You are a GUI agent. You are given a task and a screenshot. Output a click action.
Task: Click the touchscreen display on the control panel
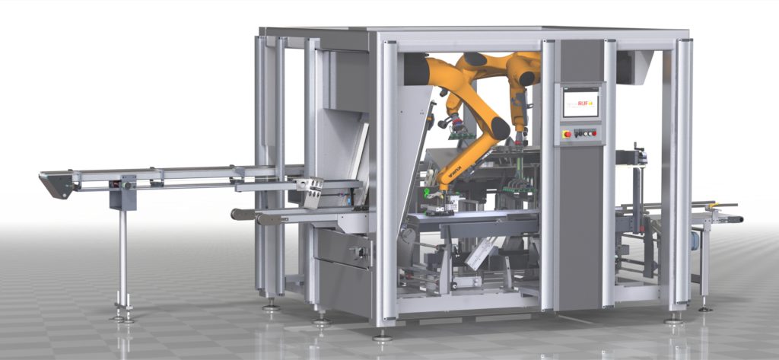(582, 102)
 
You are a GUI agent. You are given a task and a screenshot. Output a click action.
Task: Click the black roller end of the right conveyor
(736, 220)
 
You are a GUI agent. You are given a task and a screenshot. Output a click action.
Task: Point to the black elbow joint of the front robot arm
(499, 129)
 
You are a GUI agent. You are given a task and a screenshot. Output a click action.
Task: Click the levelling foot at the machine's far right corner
(706, 307)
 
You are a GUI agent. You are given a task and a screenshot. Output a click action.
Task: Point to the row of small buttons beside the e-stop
(585, 133)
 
